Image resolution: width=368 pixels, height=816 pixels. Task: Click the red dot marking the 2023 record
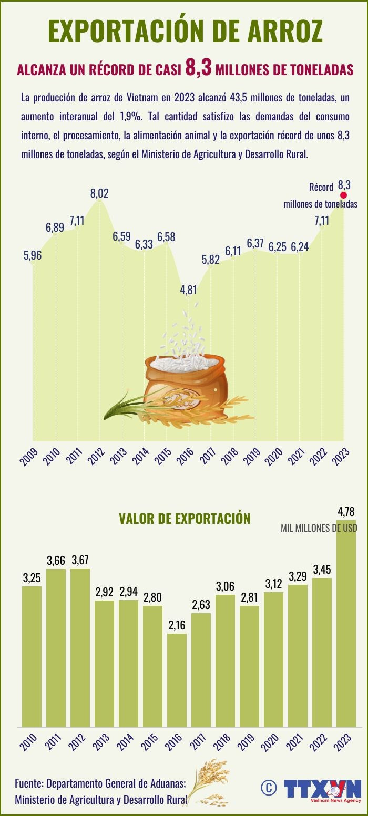[344, 195]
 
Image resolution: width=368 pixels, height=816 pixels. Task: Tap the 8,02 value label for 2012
[99, 193]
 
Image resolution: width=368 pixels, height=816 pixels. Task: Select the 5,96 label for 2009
[33, 255]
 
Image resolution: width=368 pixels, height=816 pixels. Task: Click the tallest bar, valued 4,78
[346, 631]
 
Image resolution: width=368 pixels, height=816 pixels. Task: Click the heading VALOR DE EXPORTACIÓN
[185, 519]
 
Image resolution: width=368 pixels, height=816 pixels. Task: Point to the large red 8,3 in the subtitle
[198, 68]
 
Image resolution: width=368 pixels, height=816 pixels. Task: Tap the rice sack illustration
[185, 383]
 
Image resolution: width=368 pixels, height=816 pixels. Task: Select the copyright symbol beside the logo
[268, 787]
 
